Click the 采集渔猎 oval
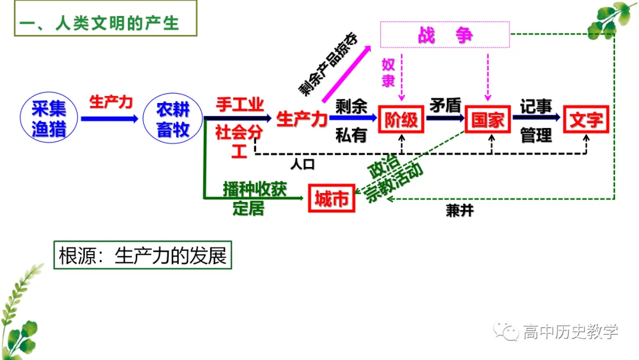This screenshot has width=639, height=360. (x=49, y=119)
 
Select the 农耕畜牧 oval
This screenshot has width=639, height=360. (x=173, y=119)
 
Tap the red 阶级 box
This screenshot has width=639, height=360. (x=402, y=120)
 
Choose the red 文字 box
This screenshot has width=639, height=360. (x=586, y=120)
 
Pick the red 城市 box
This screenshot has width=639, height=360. (x=331, y=198)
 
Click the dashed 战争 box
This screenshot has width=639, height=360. (x=445, y=36)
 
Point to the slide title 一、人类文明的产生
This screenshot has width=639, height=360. (x=99, y=24)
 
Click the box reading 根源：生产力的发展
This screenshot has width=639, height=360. (x=143, y=256)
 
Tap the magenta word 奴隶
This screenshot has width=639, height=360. (x=388, y=72)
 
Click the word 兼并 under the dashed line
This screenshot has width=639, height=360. (x=459, y=211)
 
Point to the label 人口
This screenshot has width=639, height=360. (x=302, y=163)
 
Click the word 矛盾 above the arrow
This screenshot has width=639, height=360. (x=445, y=105)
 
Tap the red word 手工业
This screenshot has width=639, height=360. (x=240, y=105)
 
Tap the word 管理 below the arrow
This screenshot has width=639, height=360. (x=536, y=135)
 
